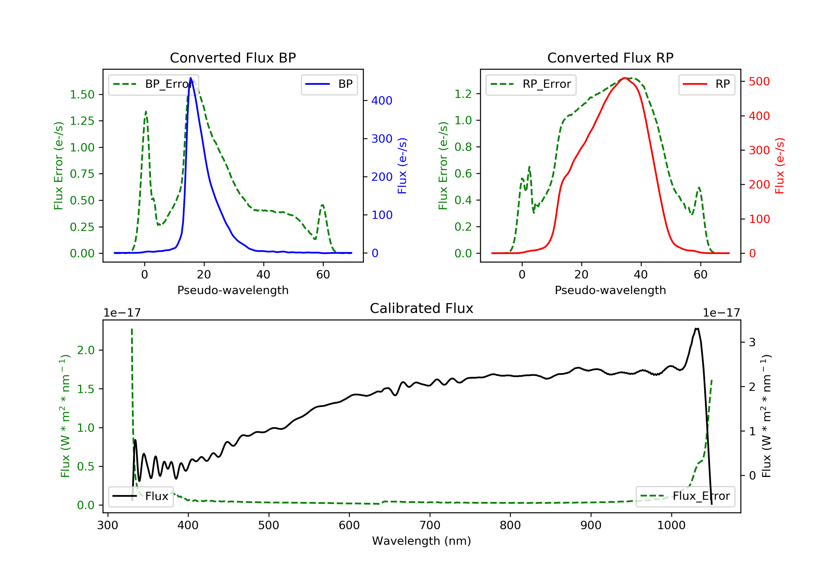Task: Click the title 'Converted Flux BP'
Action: (x=233, y=58)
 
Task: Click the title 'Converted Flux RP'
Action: (x=610, y=58)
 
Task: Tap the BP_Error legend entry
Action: (x=153, y=84)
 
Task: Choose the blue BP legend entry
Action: (x=329, y=84)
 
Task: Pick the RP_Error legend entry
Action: (x=531, y=84)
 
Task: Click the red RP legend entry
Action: (x=706, y=84)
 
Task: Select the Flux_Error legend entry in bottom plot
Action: (x=685, y=496)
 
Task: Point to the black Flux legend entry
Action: (x=141, y=496)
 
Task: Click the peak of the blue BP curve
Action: (x=191, y=78)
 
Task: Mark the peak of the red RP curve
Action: (x=624, y=78)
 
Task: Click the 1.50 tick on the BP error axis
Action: (x=82, y=95)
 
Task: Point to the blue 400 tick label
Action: (x=382, y=101)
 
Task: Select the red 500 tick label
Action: (x=759, y=81)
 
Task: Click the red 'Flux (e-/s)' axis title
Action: (x=780, y=166)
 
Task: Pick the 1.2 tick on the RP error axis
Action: (x=463, y=94)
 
